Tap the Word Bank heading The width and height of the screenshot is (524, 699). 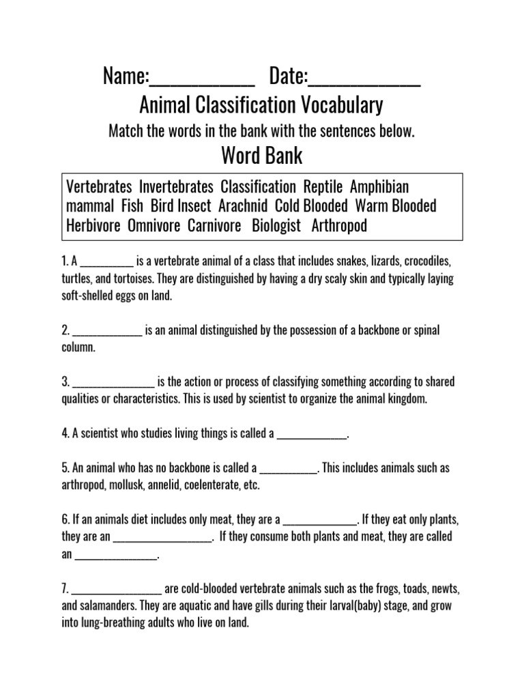pos(262,156)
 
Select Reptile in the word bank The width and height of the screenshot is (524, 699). pos(325,187)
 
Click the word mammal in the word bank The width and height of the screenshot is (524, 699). pos(91,206)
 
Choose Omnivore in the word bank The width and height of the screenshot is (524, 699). pos(154,226)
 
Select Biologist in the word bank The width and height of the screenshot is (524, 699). pos(276,226)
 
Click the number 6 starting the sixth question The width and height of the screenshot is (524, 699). pos(63,519)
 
